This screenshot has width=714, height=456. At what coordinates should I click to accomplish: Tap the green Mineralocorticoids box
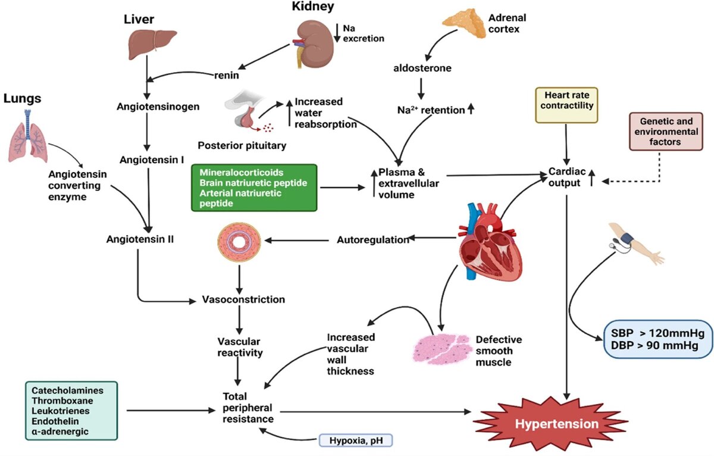255,188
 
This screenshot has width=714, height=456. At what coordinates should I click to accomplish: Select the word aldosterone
422,68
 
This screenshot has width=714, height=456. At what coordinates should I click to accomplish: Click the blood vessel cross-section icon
239,241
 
